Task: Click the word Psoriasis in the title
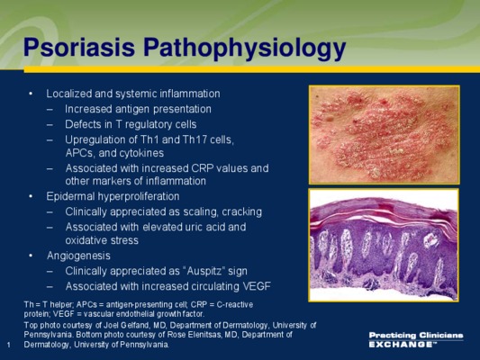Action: [x=79, y=47]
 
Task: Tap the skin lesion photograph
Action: [x=385, y=135]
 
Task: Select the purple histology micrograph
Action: [x=384, y=245]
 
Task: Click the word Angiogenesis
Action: [x=78, y=256]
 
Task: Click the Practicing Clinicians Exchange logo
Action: [x=416, y=339]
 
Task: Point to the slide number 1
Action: [x=9, y=345]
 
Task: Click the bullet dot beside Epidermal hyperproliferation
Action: [x=31, y=196]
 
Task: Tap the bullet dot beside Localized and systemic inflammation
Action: [x=31, y=94]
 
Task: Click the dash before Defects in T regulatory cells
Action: [x=50, y=125]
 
